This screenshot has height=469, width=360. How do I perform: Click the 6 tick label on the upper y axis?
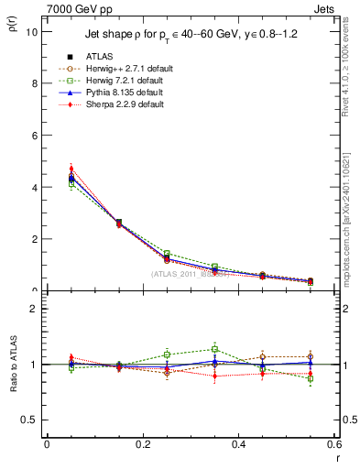33,135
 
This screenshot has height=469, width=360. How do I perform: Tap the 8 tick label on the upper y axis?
33,83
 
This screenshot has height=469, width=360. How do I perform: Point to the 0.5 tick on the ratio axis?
29,420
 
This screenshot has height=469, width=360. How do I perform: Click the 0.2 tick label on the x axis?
142,444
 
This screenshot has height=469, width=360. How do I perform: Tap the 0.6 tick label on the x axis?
333,444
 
